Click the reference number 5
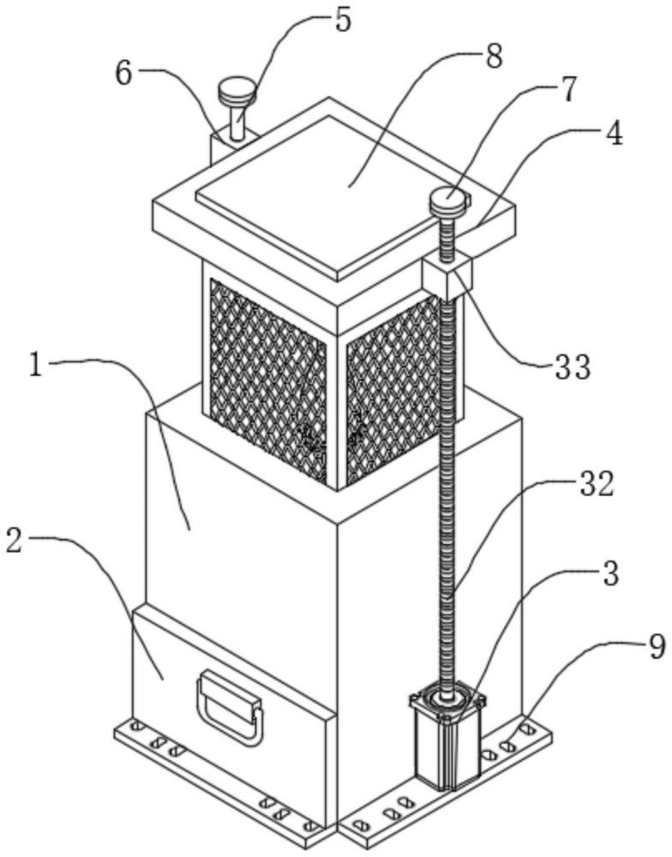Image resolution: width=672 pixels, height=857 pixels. (x=342, y=21)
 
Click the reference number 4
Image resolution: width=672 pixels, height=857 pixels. (x=615, y=133)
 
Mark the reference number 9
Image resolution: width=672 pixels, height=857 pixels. (x=657, y=645)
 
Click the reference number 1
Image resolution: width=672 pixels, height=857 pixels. (x=35, y=367)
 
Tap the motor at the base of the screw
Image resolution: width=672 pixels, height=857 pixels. (x=447, y=738)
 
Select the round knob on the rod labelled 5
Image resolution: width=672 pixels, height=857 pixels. (x=237, y=90)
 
